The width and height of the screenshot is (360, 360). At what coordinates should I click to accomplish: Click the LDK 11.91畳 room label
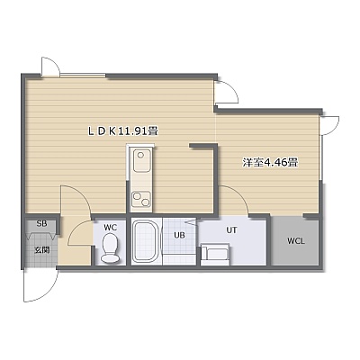[122, 131]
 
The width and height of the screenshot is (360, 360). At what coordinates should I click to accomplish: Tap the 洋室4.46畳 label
[270, 163]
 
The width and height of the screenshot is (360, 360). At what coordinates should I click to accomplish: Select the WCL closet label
[296, 241]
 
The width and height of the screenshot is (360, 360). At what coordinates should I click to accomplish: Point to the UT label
[231, 230]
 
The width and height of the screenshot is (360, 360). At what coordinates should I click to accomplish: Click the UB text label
[179, 235]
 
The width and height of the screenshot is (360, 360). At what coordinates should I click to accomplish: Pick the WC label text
[110, 228]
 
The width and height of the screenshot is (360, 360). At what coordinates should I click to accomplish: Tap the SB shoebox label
[41, 224]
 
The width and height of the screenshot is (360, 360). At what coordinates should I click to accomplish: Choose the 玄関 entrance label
[41, 250]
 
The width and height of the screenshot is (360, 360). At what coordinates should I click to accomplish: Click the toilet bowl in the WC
[110, 248]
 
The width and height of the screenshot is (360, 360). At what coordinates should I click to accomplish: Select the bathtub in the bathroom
[146, 242]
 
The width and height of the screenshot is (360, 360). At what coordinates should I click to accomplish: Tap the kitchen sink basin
[141, 161]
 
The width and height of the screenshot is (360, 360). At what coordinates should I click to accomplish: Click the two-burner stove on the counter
[141, 199]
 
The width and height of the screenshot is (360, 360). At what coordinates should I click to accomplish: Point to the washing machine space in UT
[215, 255]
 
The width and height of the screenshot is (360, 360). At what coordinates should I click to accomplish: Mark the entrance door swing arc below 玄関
[48, 293]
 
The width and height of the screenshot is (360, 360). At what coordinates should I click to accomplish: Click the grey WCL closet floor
[295, 241]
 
